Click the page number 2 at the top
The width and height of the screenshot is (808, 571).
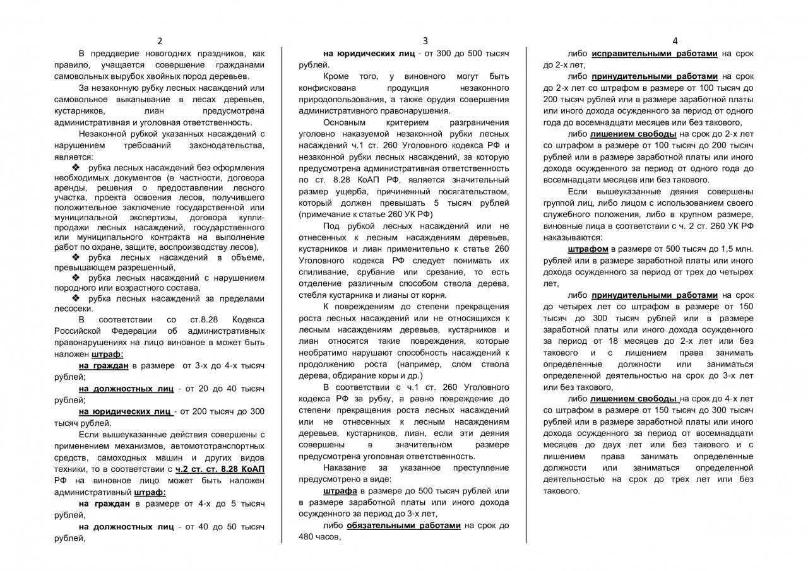(160, 41)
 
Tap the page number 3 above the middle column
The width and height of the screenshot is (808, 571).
(425, 41)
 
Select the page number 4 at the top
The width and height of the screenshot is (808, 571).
(675, 41)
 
